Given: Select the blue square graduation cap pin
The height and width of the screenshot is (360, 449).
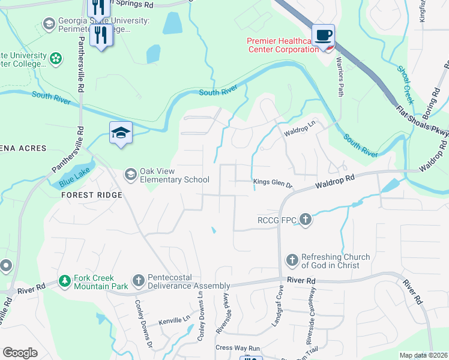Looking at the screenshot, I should tap(121, 133).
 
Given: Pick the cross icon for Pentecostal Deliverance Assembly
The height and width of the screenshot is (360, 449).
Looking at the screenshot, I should tap(138, 280).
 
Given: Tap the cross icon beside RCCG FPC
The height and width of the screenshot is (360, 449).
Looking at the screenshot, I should tap(306, 220).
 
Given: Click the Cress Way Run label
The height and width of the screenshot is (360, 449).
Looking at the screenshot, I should tap(237, 348).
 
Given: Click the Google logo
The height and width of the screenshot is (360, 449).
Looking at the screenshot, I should tap(20, 353).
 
